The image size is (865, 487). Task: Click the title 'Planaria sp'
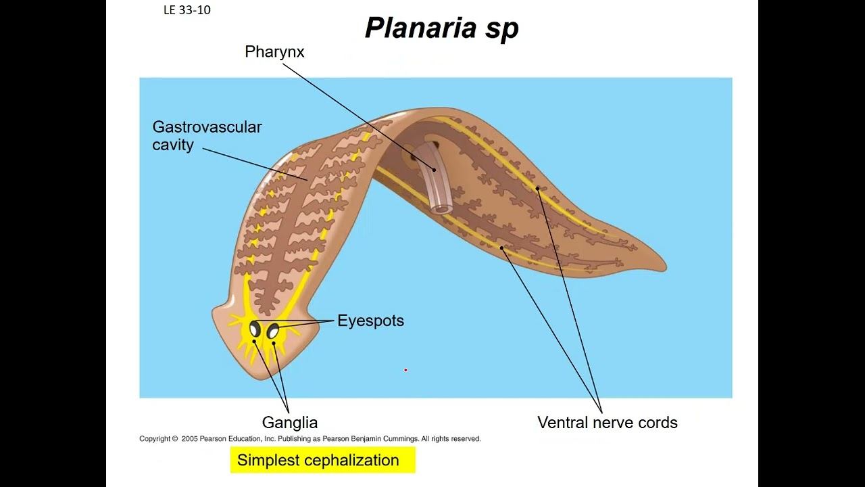pos(441,28)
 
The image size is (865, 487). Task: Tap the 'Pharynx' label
pos(274,52)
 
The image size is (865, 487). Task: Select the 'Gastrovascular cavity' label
pos(207,135)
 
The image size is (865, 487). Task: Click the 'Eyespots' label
pos(370,321)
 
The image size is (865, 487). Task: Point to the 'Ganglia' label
pos(289,423)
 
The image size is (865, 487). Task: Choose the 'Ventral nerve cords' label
pos(607,423)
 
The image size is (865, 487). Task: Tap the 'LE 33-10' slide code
pos(187,10)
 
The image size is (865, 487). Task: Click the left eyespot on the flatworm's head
pos(255,329)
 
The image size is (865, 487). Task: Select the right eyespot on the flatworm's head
pos(273,331)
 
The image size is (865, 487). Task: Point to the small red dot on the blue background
pos(405,370)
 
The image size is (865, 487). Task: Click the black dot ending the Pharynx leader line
pos(435,170)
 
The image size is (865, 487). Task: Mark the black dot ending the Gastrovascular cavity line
pos(308,180)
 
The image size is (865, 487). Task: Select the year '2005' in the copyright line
pos(189,439)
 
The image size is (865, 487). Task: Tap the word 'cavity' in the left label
pos(173,145)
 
